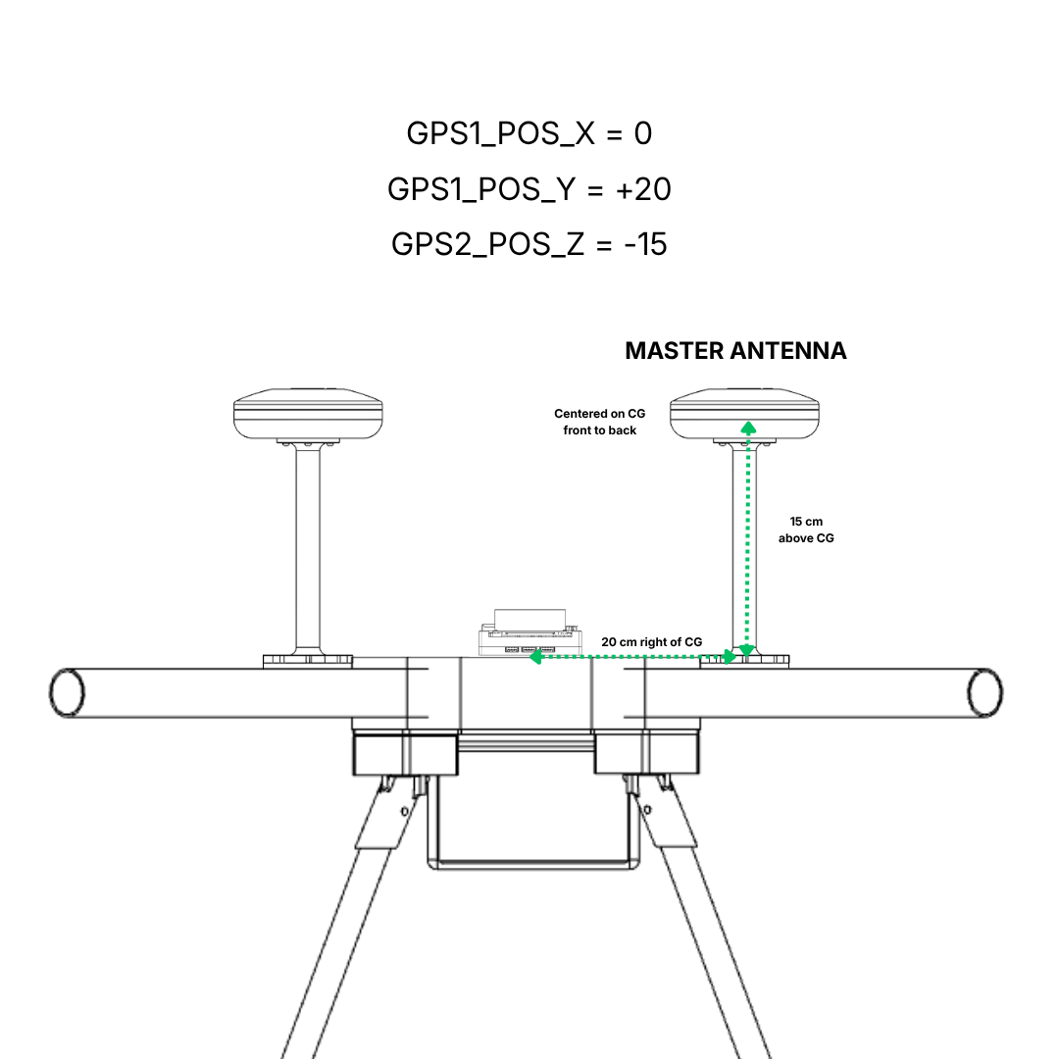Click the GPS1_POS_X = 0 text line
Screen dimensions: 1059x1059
coord(529,133)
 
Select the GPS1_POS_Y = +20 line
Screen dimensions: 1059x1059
coord(529,188)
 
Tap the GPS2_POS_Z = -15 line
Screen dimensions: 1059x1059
coord(529,243)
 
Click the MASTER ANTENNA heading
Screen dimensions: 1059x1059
coord(735,351)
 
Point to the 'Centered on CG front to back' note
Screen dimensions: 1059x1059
coord(599,422)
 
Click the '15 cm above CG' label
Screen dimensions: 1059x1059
coord(806,529)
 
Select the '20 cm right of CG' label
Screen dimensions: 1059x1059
coord(652,641)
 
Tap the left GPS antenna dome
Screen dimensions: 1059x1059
coord(307,412)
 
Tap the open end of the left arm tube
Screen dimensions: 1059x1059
coord(67,692)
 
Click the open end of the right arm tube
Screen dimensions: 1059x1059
coord(984,692)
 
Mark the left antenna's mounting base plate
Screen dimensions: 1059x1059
coord(308,661)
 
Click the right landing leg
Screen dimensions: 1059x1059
coord(706,932)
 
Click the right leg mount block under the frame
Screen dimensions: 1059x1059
coord(647,755)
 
